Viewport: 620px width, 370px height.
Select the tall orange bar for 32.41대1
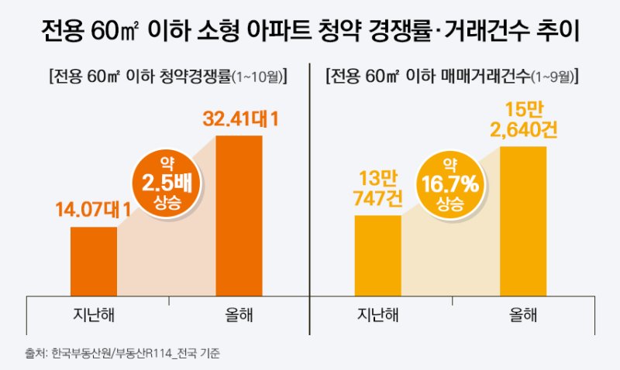(x=239, y=216)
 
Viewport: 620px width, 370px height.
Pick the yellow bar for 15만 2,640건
(x=524, y=221)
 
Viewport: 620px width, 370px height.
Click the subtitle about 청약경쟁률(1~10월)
(x=167, y=77)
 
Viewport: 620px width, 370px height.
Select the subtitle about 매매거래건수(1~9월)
(x=454, y=77)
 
